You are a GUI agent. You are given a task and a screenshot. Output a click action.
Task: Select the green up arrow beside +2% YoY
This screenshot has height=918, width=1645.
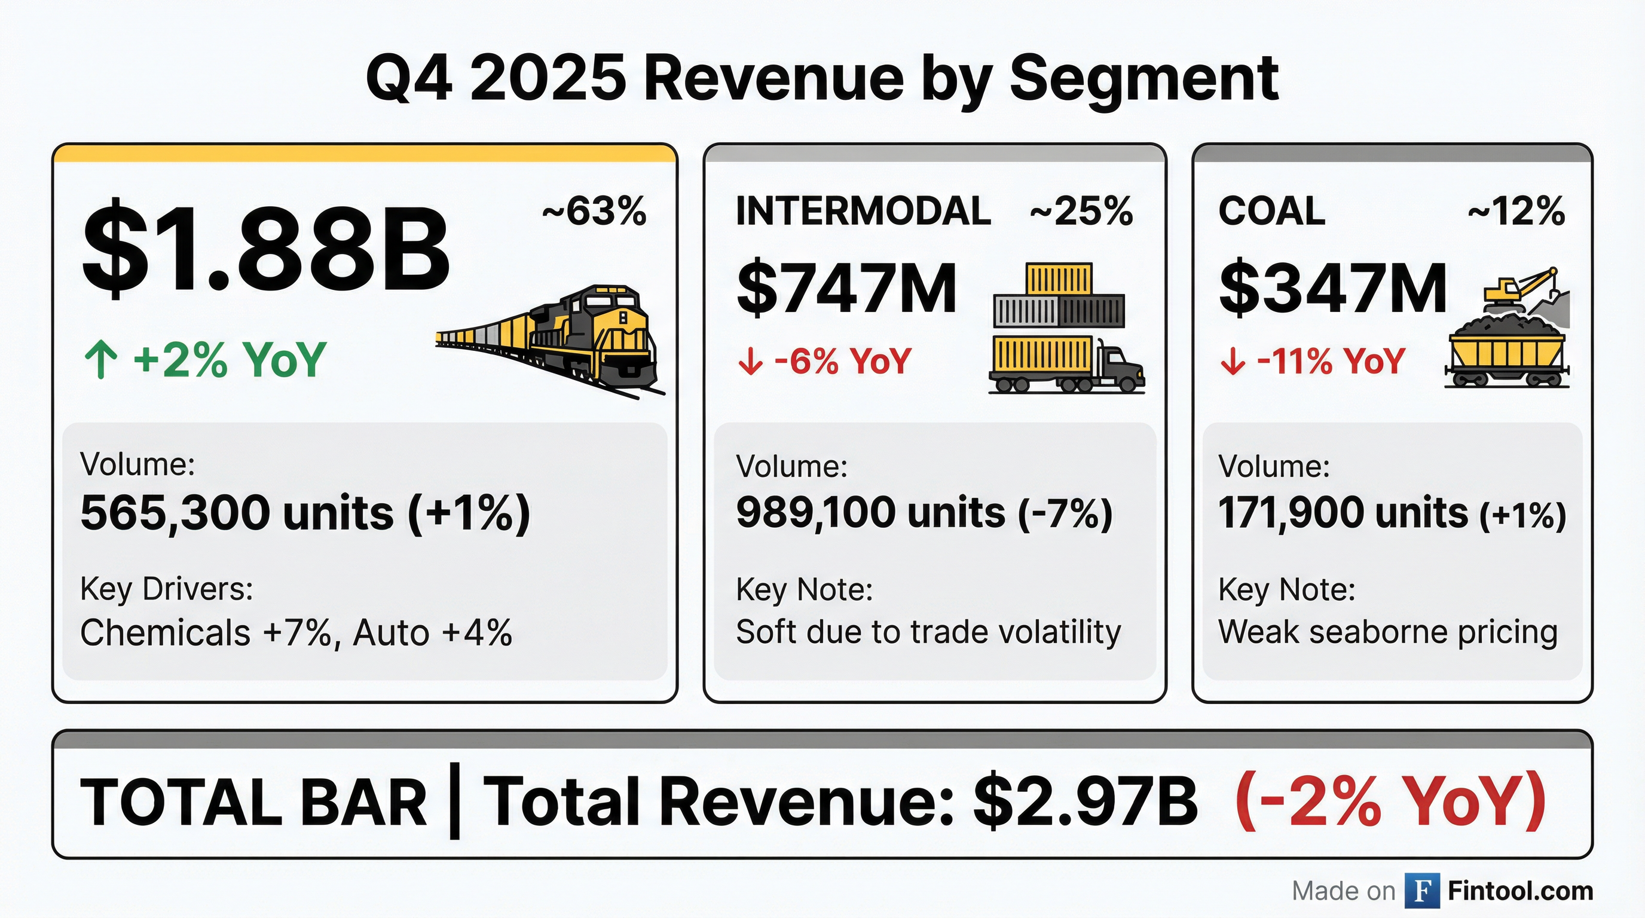101,360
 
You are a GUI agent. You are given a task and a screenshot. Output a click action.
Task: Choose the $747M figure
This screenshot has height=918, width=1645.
846,289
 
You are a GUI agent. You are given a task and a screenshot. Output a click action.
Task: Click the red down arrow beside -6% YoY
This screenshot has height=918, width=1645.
750,362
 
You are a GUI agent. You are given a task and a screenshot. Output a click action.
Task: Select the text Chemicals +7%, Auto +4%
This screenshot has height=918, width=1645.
296,633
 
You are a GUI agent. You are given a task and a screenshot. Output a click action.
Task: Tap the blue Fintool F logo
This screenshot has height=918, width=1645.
1421,891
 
